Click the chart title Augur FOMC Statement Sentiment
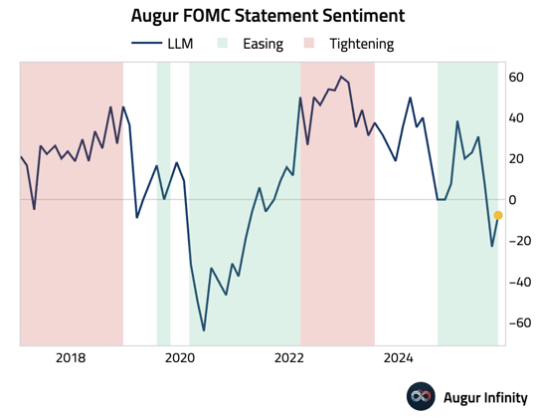tap(268, 16)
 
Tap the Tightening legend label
tap(361, 44)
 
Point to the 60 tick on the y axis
tap(515, 77)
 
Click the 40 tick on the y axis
tap(515, 117)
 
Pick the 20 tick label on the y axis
tap(515, 158)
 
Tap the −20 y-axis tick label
tap(515, 241)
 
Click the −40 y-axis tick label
tap(515, 282)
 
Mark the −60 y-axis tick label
tap(515, 322)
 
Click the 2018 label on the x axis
tap(70, 358)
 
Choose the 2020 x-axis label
tap(179, 358)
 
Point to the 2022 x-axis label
tap(289, 358)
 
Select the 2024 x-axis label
tap(399, 358)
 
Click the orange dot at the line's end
tap(498, 215)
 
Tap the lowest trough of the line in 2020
tap(204, 330)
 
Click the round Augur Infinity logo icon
tap(422, 396)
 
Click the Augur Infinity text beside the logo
tap(486, 397)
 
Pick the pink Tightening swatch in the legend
tap(309, 44)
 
